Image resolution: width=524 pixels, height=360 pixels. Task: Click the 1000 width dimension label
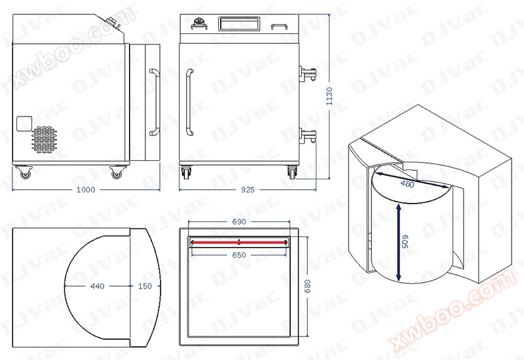pyautogui.click(x=86, y=190)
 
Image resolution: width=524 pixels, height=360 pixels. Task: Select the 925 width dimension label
pyautogui.click(x=248, y=190)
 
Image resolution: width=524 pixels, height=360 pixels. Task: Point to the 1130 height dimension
pyautogui.click(x=329, y=96)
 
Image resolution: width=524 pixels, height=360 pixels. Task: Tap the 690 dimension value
pyautogui.click(x=239, y=221)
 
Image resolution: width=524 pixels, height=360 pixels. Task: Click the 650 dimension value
pyautogui.click(x=239, y=255)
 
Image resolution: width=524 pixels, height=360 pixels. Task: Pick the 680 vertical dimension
pyautogui.click(x=307, y=286)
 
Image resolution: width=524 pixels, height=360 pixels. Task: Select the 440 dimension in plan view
pyautogui.click(x=97, y=286)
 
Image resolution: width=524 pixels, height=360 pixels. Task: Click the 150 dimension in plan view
pyautogui.click(x=145, y=286)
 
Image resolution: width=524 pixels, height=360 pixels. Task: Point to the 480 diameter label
pyautogui.click(x=407, y=183)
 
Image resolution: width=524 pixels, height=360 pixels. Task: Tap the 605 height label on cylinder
pyautogui.click(x=405, y=242)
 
